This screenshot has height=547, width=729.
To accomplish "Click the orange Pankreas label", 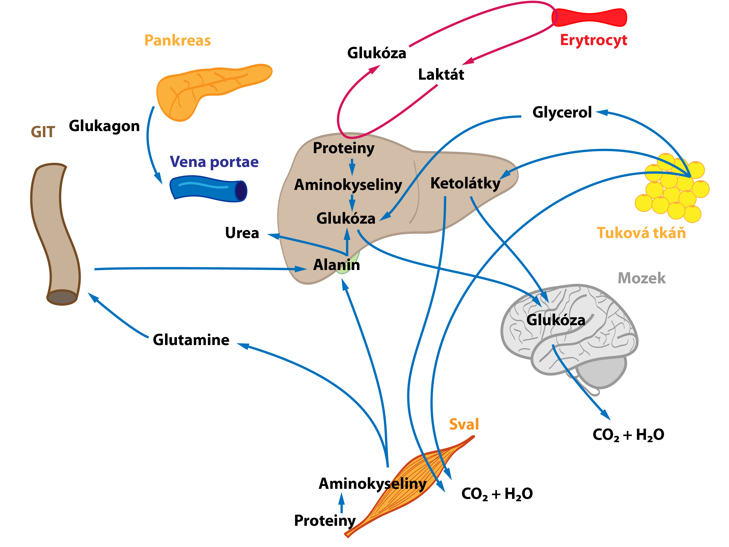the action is (178, 40).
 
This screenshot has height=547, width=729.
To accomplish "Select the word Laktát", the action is (441, 75).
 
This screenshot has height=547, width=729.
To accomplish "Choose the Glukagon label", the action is (104, 126).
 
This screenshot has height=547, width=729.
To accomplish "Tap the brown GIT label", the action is (43, 132).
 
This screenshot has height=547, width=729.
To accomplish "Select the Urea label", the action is (242, 233).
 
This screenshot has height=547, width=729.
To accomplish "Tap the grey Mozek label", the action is (641, 278).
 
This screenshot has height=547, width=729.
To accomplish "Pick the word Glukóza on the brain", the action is (556, 320).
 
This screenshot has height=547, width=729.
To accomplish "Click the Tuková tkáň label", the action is (641, 233).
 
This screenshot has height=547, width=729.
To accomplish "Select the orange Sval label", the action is (464, 424).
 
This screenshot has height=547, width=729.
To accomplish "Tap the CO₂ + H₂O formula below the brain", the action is (628, 435).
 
